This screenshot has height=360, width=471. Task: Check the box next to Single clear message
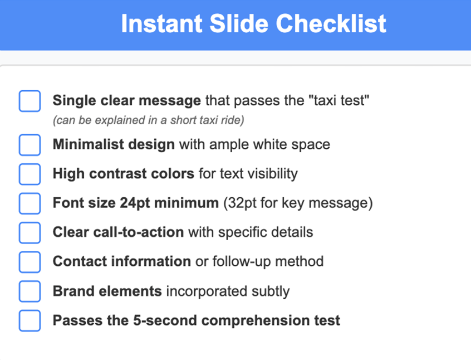[x=30, y=101]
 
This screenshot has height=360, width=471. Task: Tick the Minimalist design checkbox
[x=30, y=145]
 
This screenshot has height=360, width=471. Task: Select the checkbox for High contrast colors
[x=30, y=174]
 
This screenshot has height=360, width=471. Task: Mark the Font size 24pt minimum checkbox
[x=30, y=203]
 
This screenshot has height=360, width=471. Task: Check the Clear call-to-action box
[x=30, y=232]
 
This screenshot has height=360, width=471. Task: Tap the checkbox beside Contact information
[x=30, y=262]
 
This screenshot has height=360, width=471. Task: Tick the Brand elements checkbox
[x=30, y=291]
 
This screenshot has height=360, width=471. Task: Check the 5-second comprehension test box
[x=30, y=320]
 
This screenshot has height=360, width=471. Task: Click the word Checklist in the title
[x=331, y=23]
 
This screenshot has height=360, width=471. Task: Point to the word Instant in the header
[x=161, y=23]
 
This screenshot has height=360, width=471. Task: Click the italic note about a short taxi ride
[x=149, y=120]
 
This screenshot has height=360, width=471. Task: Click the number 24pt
[x=135, y=203]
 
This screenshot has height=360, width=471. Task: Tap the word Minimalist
[x=89, y=144]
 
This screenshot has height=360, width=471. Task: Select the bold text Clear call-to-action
[x=119, y=232]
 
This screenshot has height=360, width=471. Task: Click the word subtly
[x=271, y=291]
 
